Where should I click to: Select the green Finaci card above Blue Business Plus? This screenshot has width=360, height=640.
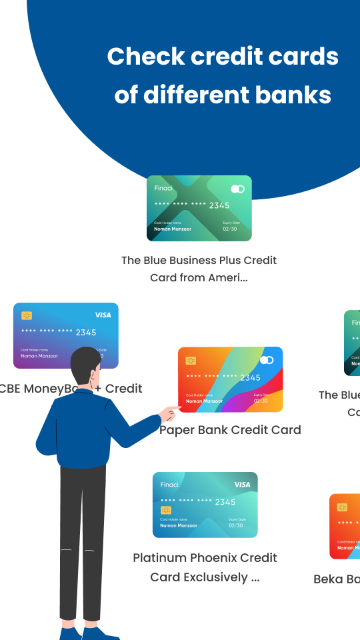pyautogui.click(x=199, y=208)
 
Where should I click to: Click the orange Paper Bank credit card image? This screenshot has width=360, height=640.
pyautogui.click(x=230, y=379)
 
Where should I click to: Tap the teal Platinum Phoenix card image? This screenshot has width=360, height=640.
pyautogui.click(x=205, y=505)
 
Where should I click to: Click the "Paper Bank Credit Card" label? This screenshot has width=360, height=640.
pyautogui.click(x=230, y=430)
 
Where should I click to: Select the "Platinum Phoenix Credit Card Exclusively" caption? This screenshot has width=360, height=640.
pyautogui.click(x=204, y=567)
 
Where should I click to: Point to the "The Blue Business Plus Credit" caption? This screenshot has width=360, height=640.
pyautogui.click(x=199, y=260)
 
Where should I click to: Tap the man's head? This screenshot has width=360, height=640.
pyautogui.click(x=85, y=366)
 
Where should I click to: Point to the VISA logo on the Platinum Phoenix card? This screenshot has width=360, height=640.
pyautogui.click(x=242, y=485)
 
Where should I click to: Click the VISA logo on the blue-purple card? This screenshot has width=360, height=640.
pyautogui.click(x=103, y=315)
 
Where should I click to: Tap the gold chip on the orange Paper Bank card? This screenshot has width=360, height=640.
pyautogui.click(x=191, y=361)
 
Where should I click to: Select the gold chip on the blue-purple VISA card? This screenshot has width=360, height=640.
pyautogui.click(x=27, y=315)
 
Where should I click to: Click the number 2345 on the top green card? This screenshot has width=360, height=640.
pyautogui.click(x=219, y=205)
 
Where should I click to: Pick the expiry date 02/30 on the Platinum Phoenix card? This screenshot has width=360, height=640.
pyautogui.click(x=235, y=525)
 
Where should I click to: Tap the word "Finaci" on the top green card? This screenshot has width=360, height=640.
pyautogui.click(x=163, y=188)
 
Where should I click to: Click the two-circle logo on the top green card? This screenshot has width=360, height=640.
pyautogui.click(x=237, y=189)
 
